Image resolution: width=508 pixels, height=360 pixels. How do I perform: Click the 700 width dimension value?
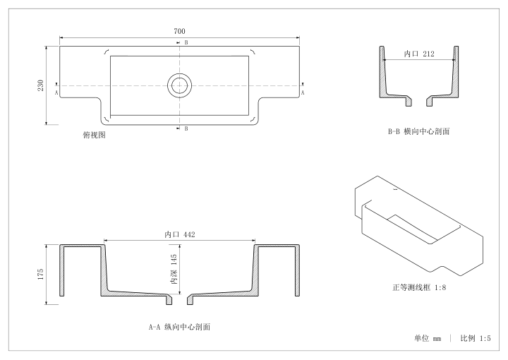(179, 31)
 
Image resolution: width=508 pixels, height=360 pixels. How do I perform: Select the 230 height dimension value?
(40, 85)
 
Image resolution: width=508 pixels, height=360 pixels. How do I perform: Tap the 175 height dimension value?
(40, 274)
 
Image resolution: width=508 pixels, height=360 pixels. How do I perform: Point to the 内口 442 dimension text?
(180, 234)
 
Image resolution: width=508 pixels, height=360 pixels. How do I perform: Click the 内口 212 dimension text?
(419, 54)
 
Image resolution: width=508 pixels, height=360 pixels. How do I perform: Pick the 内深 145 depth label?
(174, 269)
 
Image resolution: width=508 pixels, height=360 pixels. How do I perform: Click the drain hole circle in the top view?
(179, 85)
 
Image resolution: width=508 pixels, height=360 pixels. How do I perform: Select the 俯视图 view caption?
(95, 135)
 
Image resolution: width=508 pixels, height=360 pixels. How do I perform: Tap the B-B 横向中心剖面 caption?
(419, 131)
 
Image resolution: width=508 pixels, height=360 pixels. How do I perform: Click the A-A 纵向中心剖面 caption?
(179, 327)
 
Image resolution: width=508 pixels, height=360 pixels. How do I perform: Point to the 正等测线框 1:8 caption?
(419, 287)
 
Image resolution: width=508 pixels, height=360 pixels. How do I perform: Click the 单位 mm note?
(428, 338)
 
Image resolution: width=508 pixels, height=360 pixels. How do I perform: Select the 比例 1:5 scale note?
(476, 338)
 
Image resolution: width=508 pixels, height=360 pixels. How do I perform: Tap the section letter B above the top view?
(186, 42)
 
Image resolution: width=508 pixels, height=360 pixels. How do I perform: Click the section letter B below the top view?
(186, 128)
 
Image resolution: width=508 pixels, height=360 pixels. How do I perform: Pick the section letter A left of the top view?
(56, 92)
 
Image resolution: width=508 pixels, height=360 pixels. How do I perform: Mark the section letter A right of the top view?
(303, 92)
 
